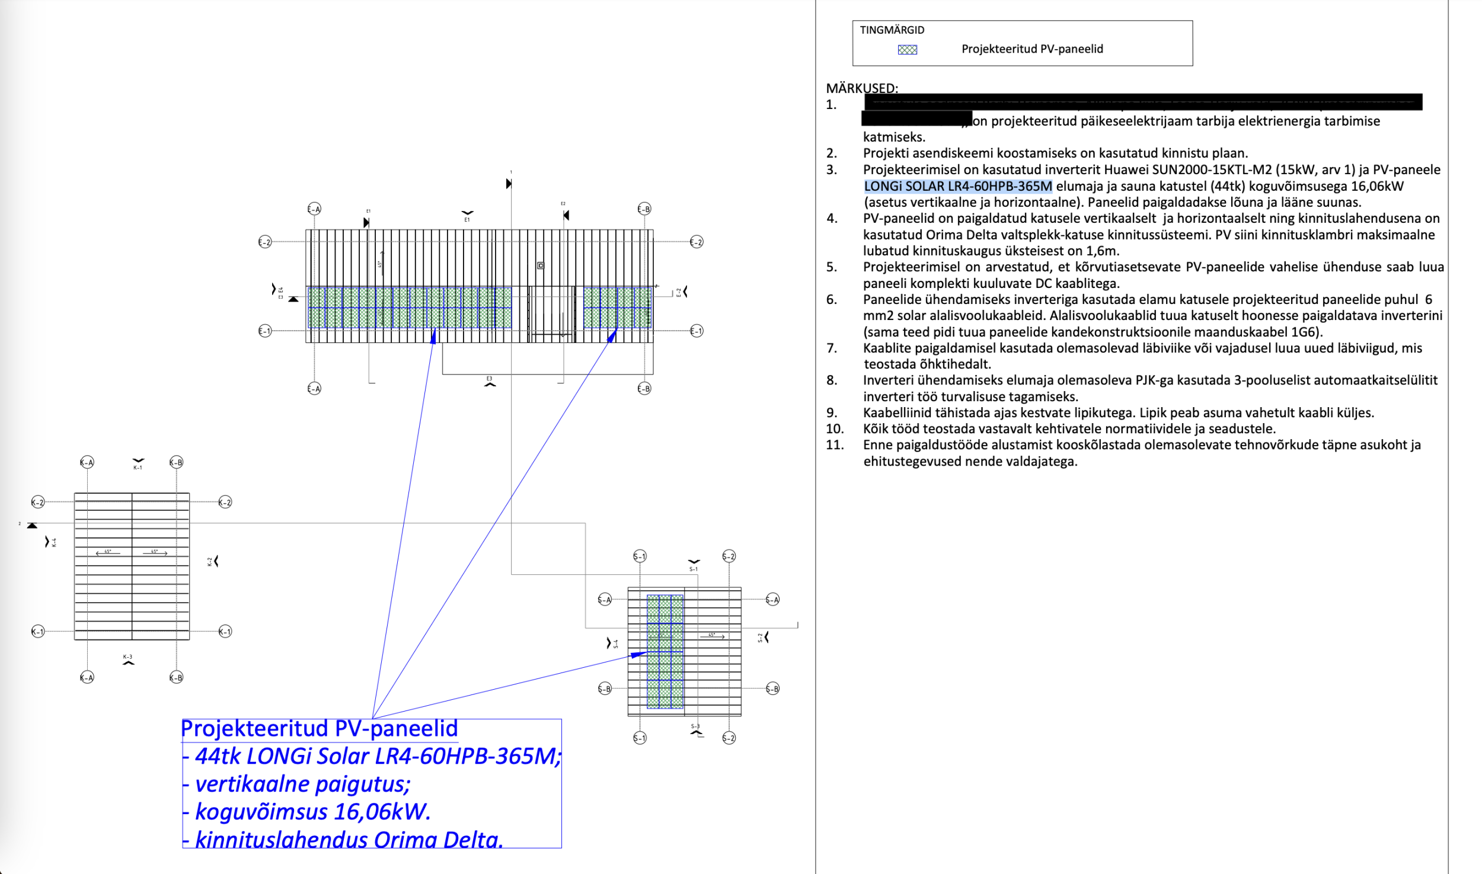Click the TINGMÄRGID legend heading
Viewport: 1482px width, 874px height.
892,30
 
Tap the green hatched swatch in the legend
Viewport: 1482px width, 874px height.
907,50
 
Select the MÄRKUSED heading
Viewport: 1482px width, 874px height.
862,88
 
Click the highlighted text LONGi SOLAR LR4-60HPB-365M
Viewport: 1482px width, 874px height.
957,186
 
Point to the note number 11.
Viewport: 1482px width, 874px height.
834,445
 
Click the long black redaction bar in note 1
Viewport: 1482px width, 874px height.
1142,102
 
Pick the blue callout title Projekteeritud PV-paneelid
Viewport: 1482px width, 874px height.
319,729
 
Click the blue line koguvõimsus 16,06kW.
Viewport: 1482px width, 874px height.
312,812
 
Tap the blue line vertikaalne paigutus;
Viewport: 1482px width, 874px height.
302,784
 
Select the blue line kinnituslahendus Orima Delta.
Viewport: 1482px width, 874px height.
349,840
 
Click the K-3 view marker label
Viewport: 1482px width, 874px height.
127,657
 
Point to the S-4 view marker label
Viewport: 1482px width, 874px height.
615,644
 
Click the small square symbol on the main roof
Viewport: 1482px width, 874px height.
540,265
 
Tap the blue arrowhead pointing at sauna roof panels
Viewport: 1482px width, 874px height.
639,654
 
